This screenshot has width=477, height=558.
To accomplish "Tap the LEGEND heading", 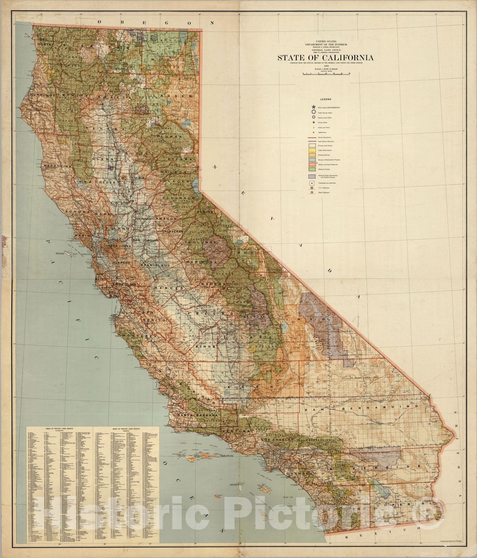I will coord(326,99).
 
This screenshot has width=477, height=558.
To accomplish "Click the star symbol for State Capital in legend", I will coord(313,107).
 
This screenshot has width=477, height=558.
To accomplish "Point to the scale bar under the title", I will coord(327,74).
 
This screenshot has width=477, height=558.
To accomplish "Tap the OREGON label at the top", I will coord(156,22).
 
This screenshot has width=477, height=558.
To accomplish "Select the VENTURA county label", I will coord(237,431).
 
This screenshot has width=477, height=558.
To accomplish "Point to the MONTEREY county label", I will coord(137,336).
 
